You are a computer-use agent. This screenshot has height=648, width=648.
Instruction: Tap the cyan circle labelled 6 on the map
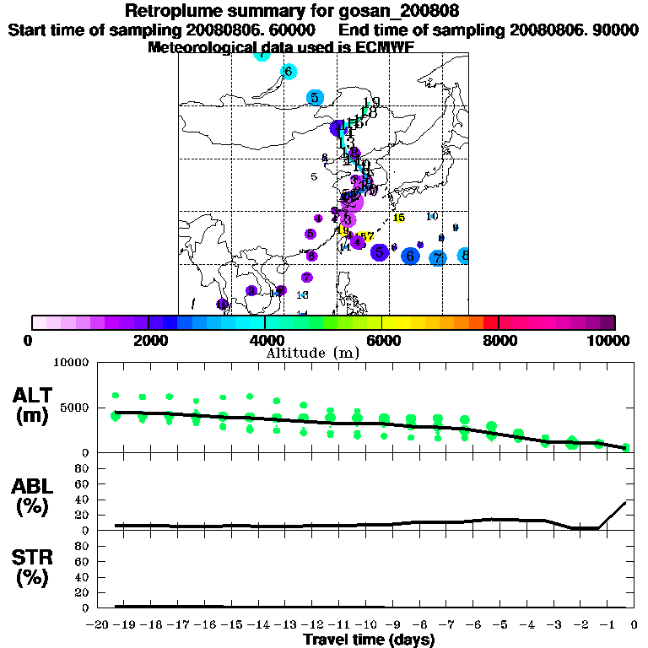[x=288, y=72]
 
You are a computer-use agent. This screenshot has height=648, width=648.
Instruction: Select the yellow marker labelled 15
[x=399, y=218]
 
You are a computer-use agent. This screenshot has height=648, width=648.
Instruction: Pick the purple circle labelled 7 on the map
[x=307, y=278]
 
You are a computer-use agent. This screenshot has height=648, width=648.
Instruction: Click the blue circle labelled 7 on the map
[x=437, y=258]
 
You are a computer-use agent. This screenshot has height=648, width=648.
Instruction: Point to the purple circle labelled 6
[x=312, y=256]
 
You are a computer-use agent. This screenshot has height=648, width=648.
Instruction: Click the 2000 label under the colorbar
[x=148, y=340]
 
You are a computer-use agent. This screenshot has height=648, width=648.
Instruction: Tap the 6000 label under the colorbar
[x=382, y=340]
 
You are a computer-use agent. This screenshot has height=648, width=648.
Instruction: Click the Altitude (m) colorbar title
[x=313, y=352]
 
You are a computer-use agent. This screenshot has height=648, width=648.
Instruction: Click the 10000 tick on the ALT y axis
[x=73, y=364]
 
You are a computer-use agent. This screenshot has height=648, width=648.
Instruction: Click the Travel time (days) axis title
[x=369, y=640]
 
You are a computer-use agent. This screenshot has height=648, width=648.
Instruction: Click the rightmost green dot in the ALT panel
[x=626, y=447]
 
